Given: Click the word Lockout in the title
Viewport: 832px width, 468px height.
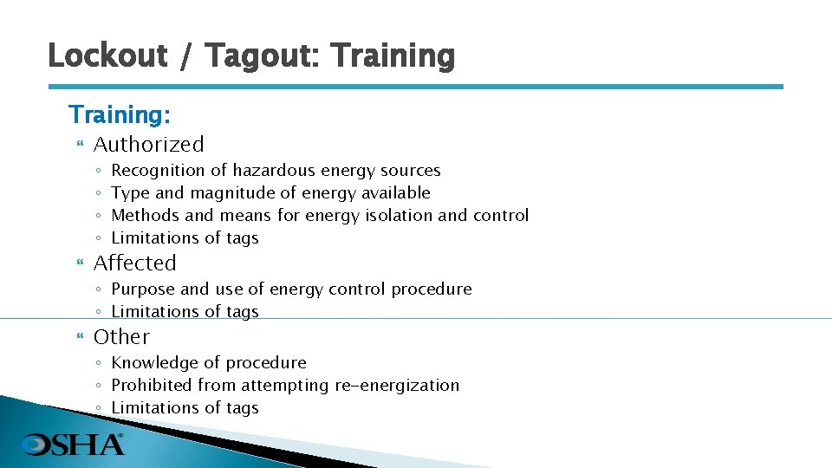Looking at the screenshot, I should point(107,55).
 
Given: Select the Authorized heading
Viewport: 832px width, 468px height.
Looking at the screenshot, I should point(149,144).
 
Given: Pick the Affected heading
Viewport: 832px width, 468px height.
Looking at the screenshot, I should point(134,263).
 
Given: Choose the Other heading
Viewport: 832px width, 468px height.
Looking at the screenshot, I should point(121,336).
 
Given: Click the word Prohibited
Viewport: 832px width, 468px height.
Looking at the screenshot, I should point(153,385).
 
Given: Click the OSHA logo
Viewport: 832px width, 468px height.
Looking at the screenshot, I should point(73,444).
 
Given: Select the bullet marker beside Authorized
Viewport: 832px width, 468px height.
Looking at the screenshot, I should point(80,145).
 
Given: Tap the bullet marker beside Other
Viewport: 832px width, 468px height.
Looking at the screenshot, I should point(80,337).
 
